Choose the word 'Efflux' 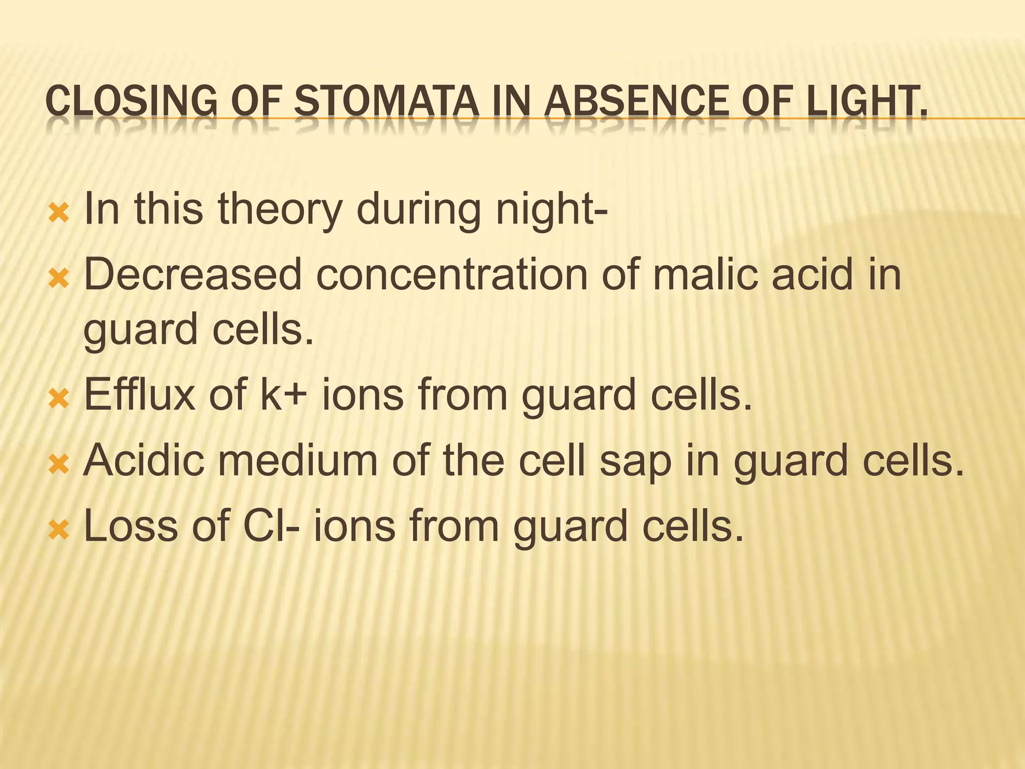click(140, 395)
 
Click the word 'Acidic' click(144, 460)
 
